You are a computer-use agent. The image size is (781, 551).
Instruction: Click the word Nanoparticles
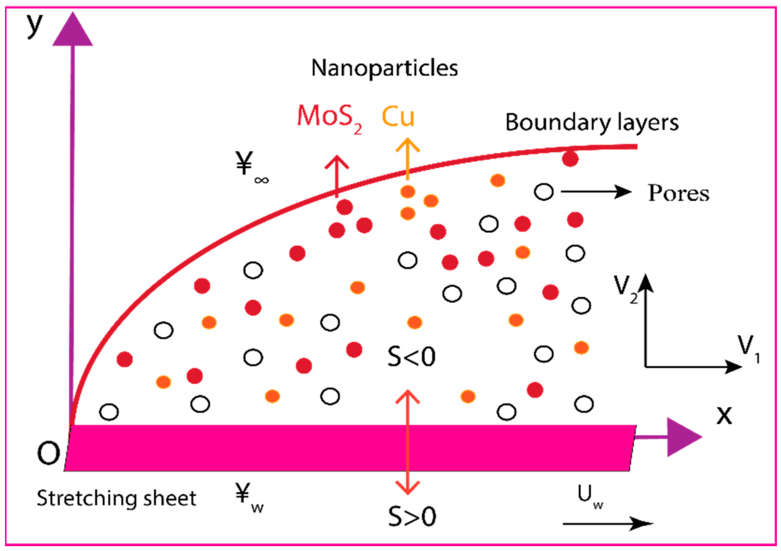pos(384,68)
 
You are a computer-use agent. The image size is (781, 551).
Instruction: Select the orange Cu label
pos(398,117)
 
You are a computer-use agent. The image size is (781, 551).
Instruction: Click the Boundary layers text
pos(592,123)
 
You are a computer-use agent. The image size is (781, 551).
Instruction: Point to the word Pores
pos(678,193)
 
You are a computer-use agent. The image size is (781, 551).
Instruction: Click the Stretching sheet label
pos(116,498)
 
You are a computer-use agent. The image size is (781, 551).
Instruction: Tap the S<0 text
pos(411,357)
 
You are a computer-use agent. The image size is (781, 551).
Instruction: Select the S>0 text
pos(412,516)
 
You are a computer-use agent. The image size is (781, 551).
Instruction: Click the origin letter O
pos(48,453)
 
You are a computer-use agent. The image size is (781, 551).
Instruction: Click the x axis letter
pos(724,415)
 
